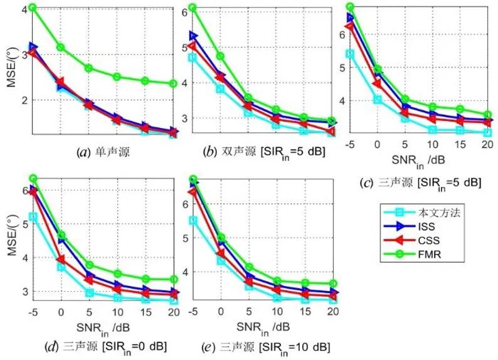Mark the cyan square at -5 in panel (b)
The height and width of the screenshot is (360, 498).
point(192,57)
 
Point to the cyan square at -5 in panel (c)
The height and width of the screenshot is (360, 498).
point(350,53)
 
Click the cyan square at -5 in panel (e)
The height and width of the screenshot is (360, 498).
point(193,221)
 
